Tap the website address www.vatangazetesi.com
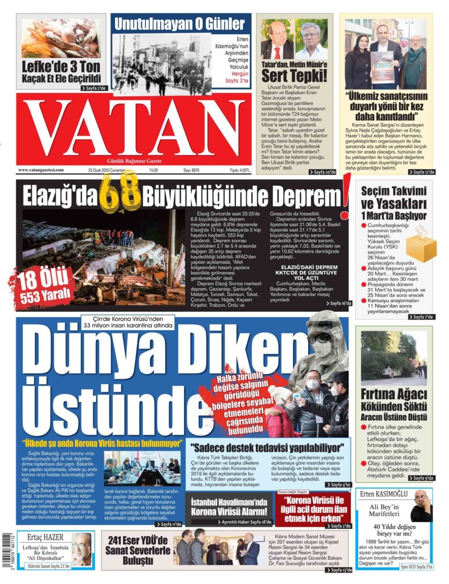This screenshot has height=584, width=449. click(41, 170)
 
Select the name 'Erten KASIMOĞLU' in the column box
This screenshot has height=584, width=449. click(382, 494)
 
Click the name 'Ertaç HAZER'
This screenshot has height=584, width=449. click(42, 537)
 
